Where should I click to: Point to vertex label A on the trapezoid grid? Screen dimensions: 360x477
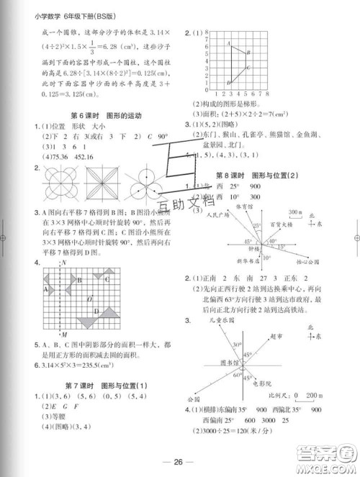coord(229,44)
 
